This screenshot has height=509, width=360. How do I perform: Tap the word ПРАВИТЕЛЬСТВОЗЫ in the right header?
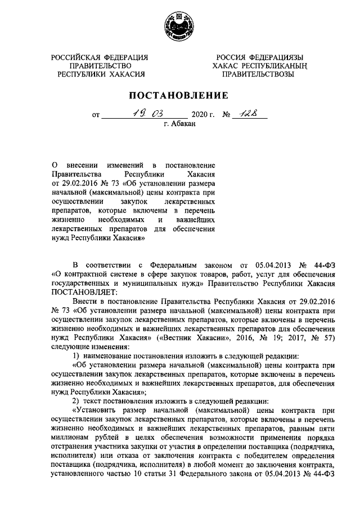click(x=258, y=74)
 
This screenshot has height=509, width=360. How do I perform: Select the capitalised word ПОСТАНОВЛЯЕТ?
click(x=85, y=293)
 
